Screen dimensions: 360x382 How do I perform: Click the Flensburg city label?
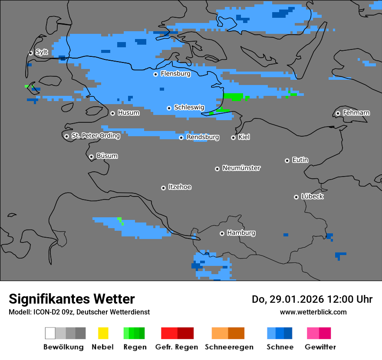click(x=175, y=74)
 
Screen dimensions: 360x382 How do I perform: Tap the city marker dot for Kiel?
click(x=233, y=137)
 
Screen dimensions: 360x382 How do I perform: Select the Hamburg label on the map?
click(x=241, y=233)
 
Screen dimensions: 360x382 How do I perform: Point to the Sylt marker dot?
click(x=30, y=53)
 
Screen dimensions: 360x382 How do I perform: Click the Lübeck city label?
click(x=312, y=196)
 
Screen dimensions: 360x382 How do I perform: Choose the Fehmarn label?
click(x=356, y=113)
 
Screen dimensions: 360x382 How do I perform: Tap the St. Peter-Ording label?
click(x=95, y=136)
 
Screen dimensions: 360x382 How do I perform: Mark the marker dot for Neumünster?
click(x=217, y=169)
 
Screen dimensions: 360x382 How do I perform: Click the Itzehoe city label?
click(x=180, y=187)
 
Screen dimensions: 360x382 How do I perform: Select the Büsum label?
click(x=107, y=156)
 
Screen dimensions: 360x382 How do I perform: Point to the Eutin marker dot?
click(x=287, y=160)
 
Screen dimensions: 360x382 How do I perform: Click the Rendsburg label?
click(x=203, y=137)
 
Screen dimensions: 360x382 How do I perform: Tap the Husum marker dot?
click(x=112, y=113)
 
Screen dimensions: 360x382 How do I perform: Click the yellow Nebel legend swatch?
click(x=103, y=333)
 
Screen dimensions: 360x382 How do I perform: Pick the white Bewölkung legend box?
click(x=50, y=333)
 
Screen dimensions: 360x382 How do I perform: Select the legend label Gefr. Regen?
click(x=177, y=347)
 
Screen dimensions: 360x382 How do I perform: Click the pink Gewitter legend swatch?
click(x=313, y=333)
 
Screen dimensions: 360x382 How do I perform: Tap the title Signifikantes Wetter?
click(x=72, y=299)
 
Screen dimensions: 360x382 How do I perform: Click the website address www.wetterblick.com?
click(x=313, y=312)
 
